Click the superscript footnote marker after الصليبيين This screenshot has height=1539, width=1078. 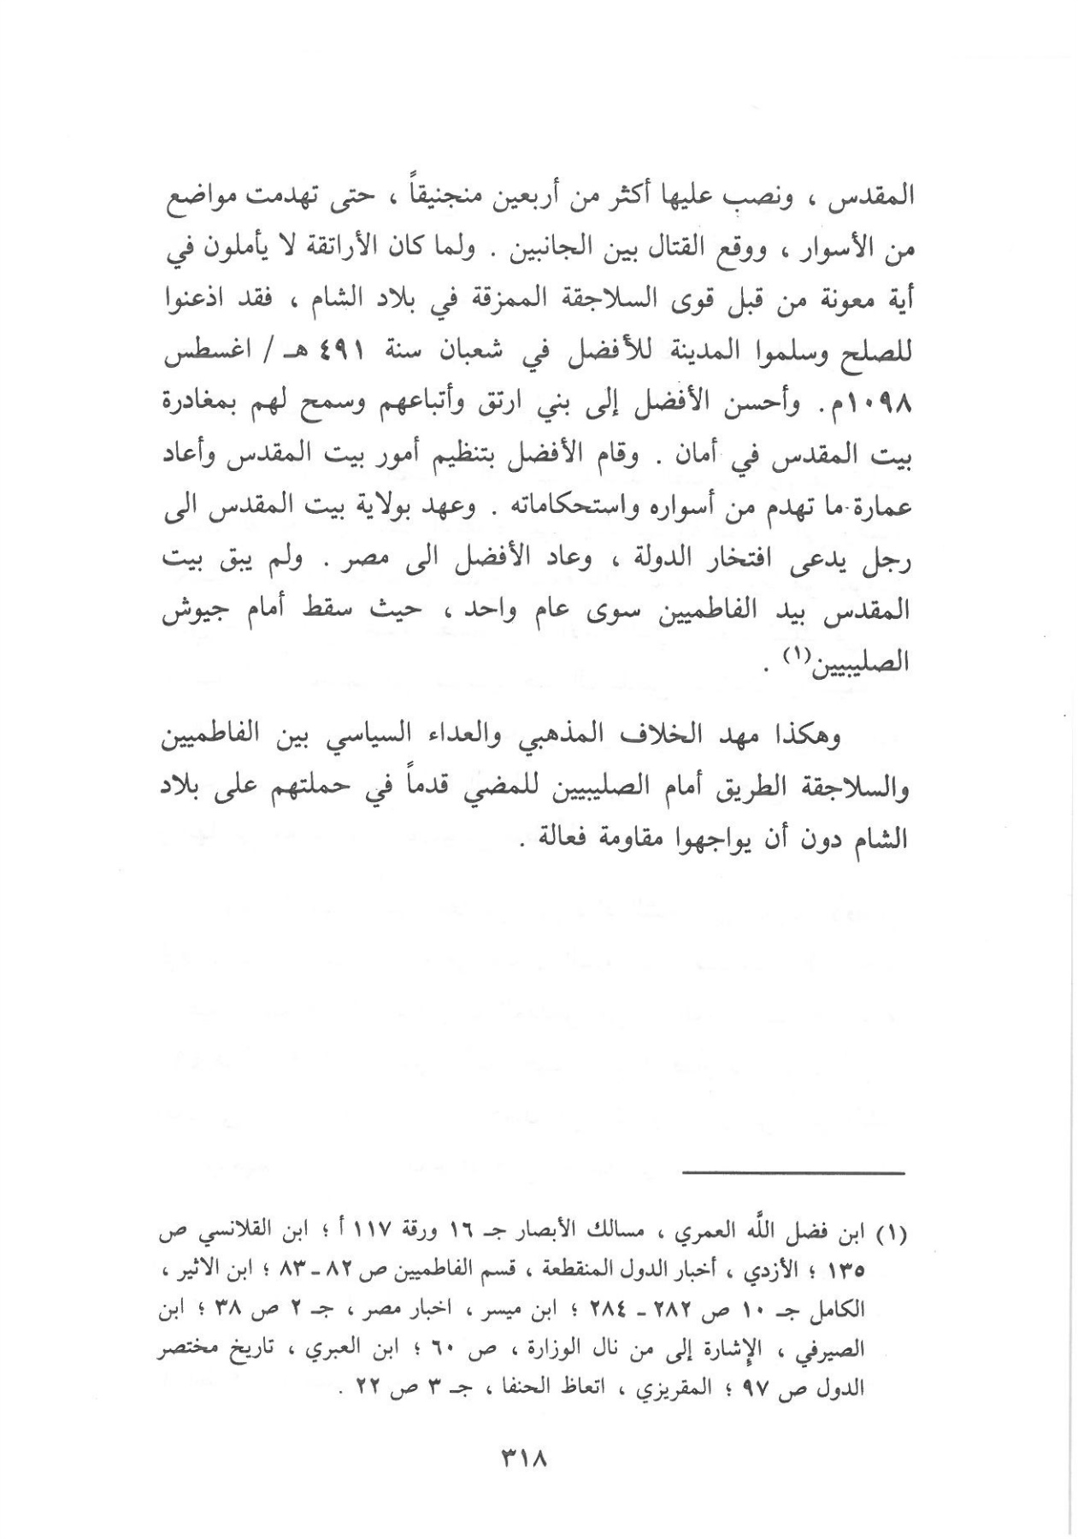point(829,657)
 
